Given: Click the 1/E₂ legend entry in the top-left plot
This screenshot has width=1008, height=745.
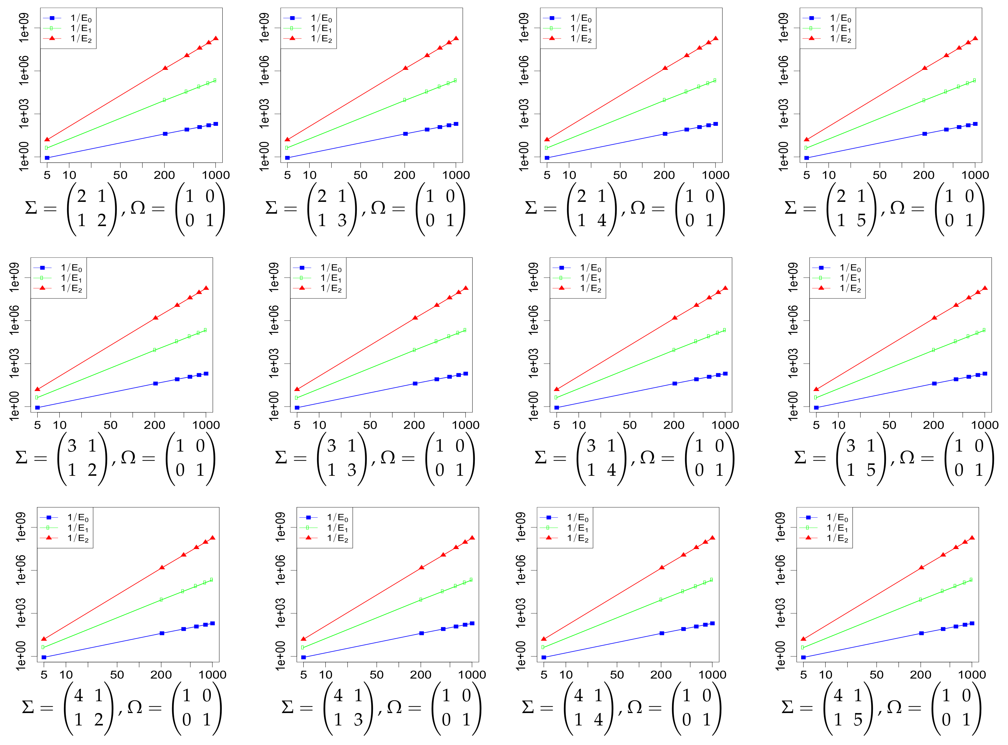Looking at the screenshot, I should (81, 39).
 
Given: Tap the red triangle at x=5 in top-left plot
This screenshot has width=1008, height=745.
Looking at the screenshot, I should (47, 139).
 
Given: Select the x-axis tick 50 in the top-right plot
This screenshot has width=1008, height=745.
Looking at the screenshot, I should (879, 175).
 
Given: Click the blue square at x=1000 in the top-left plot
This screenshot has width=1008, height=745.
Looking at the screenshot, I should (216, 124).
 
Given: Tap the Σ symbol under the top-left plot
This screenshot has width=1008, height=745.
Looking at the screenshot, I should (31, 208).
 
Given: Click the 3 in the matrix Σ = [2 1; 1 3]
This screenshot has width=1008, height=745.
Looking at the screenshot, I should (342, 220).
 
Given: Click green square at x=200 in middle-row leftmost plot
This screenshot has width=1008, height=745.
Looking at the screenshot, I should (155, 350).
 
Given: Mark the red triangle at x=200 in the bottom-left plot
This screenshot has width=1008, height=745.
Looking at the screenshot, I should (162, 567).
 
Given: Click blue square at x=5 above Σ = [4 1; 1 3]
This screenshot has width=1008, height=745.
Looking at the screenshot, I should (303, 657).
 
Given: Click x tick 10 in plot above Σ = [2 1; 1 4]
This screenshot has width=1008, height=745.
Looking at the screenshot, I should (570, 175).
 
